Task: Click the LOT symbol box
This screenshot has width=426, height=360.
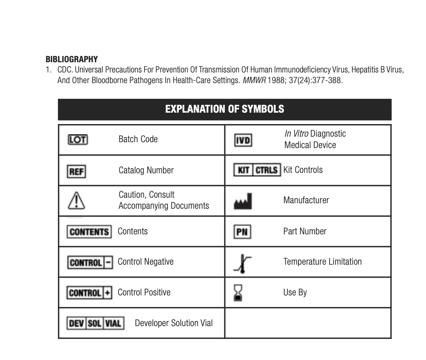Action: [78, 139]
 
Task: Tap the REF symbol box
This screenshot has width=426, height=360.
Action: [76, 171]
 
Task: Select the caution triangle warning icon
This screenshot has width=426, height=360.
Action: [77, 201]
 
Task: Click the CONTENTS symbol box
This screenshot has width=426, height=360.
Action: [89, 232]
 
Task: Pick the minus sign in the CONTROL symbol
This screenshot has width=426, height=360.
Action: [109, 262]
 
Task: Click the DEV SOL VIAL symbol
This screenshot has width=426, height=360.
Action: [95, 323]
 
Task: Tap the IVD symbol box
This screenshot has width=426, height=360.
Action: [243, 140]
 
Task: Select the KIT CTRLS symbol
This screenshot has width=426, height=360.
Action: [257, 170]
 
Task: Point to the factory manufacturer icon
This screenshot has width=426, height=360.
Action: [243, 201]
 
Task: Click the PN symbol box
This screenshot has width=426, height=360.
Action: [242, 232]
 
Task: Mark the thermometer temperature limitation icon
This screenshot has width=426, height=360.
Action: [242, 264]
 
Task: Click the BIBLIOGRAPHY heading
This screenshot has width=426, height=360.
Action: [72, 59]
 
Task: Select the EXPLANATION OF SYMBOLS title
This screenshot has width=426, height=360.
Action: [224, 109]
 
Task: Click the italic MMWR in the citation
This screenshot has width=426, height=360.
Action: [254, 81]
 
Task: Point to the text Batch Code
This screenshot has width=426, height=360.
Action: [138, 139]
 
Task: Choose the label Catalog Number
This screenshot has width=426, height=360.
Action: [146, 171]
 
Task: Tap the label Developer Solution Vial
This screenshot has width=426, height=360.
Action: [174, 323]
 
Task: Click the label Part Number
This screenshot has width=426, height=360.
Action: [305, 232]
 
